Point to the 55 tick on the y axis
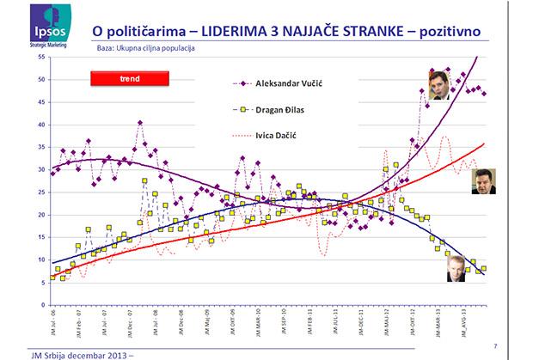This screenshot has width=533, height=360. point(42,57)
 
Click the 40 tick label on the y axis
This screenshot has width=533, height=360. point(42,125)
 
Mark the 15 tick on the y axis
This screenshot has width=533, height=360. point(42,238)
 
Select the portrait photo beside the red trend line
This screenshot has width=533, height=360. point(487,183)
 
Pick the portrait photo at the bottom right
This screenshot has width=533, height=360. point(452,268)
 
